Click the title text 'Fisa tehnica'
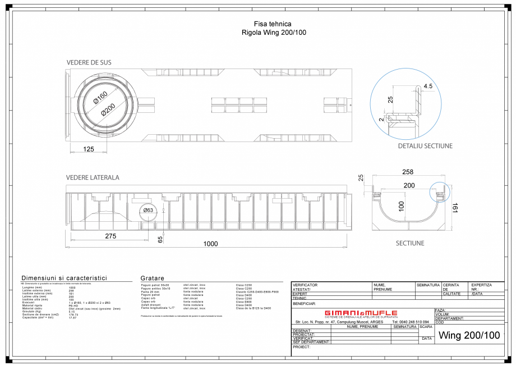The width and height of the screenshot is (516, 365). tap(273, 24)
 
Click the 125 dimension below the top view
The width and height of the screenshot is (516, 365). tap(88, 149)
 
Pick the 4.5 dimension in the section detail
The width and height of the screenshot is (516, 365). tap(428, 86)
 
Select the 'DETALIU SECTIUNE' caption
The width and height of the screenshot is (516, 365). tap(425, 145)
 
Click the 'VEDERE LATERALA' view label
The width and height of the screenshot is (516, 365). tap(93, 177)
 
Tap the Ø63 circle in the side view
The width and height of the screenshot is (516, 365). tap(149, 210)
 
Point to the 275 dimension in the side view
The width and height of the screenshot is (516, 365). tap(110, 236)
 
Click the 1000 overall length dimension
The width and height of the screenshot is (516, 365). tap(210, 244)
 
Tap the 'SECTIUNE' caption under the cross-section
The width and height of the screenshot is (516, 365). tap(409, 243)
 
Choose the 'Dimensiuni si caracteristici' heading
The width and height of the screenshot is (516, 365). tap(64, 278)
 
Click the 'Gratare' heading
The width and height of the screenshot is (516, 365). tap(153, 278)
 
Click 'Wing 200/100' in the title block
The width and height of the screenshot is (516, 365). tap(469, 335)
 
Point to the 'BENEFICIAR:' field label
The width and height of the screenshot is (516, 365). tap(305, 303)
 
